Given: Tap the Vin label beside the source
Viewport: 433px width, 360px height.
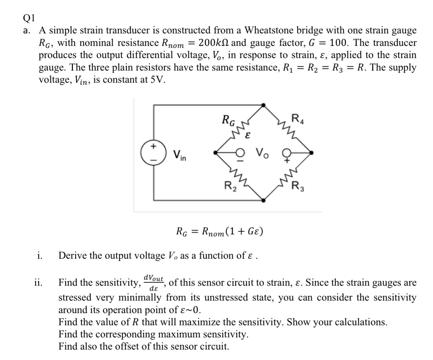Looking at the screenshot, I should [x=180, y=155].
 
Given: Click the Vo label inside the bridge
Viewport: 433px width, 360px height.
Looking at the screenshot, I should [x=262, y=153].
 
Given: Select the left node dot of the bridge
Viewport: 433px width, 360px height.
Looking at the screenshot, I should [x=216, y=153].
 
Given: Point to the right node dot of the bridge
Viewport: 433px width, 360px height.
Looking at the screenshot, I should [x=312, y=153].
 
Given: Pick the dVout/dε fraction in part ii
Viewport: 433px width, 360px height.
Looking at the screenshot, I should [x=153, y=283].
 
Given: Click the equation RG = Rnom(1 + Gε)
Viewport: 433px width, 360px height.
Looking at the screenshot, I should [x=220, y=232].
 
